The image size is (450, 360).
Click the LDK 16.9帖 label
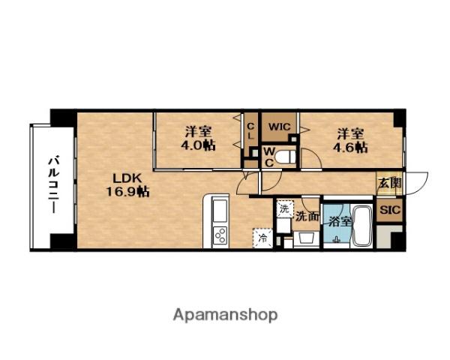pos(127,185)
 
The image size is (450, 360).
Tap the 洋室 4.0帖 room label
pos(198,139)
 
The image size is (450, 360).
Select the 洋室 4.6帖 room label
pos(350,140)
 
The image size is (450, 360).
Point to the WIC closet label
pos(280,127)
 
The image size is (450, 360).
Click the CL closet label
pos(251,131)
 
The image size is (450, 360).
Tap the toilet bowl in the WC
pos(285,157)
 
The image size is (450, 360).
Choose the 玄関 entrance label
pos(389,183)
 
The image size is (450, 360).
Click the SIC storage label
pos(390,210)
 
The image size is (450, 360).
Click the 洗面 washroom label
pos(307,217)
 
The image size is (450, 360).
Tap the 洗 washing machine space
pos(285,208)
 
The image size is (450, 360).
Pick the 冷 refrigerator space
pos(262,238)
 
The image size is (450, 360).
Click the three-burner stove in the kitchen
pos(220,235)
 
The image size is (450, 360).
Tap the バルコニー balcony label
pos(54,184)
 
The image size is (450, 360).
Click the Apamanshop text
pos(225,315)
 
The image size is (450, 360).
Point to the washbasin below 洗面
pos(307,238)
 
